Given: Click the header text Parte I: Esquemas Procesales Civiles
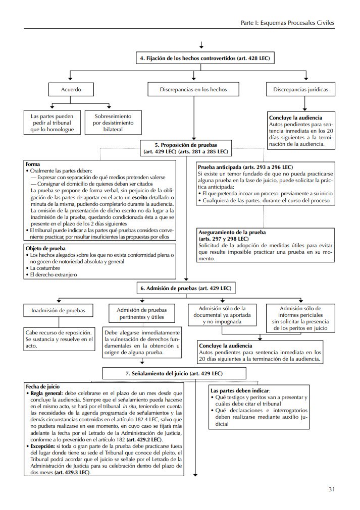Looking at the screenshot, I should click(x=287, y=23).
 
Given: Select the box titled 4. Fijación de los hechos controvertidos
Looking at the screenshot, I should click(x=204, y=59).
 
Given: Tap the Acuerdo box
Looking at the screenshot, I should click(x=71, y=89).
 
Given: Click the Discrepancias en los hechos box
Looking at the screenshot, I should click(x=193, y=89).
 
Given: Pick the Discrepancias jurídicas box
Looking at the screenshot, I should click(x=300, y=89).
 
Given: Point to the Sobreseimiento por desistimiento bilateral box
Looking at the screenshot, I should click(x=109, y=123).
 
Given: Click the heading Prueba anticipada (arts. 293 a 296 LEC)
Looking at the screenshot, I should click(x=244, y=167).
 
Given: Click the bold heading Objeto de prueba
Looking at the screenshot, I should click(x=45, y=248).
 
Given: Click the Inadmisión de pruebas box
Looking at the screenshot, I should click(x=59, y=310).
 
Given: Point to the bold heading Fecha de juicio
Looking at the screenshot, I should click(x=43, y=386).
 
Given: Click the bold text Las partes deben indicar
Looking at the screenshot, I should click(x=240, y=390).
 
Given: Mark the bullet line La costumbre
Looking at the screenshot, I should click(x=45, y=268).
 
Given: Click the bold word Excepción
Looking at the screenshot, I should click(x=43, y=446).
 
